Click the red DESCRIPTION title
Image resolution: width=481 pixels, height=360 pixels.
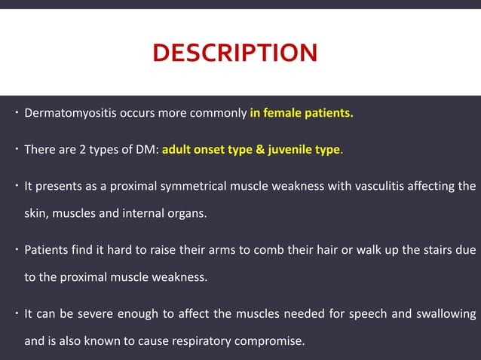[x=234, y=53]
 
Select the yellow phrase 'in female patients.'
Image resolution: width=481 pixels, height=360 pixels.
[x=302, y=114]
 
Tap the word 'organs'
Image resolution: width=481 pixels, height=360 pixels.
[x=186, y=213]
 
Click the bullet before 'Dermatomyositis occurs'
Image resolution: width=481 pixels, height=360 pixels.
[x=16, y=114]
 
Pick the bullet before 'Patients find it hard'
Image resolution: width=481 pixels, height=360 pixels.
[x=16, y=249]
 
